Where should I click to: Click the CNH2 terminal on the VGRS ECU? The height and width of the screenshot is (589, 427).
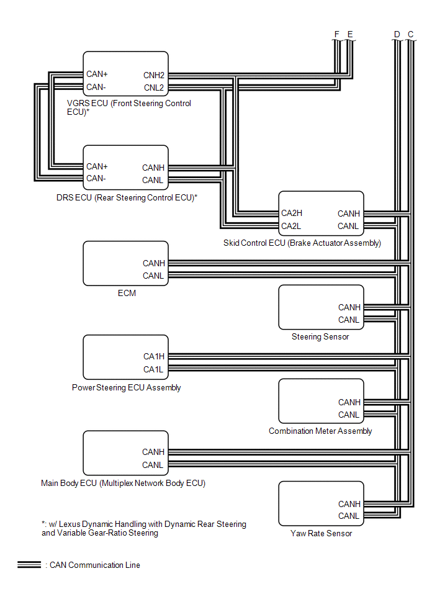coord(153,75)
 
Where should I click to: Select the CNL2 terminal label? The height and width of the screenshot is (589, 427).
coord(153,88)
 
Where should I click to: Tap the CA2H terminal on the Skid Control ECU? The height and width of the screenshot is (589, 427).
coord(292,213)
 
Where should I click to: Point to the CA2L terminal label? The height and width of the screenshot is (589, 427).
coord(291,226)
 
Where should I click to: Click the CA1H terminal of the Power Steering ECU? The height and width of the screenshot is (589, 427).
coord(153,356)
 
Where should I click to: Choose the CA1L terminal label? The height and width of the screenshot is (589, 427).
coord(153,369)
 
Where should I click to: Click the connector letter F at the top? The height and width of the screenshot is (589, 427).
coord(337,34)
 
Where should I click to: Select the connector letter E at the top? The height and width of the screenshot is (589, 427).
coord(350,34)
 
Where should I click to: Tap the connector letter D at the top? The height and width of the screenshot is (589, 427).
coord(397,34)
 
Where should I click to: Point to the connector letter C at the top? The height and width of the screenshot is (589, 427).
coord(410,34)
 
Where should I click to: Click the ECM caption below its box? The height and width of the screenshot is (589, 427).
coord(127,293)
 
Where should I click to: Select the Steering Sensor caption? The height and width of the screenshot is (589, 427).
coord(320,336)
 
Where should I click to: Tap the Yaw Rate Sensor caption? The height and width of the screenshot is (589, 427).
coord(321,533)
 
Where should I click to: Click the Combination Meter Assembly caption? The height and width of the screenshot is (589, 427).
coord(320,431)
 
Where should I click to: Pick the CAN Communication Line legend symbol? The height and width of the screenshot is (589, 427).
coord(29,565)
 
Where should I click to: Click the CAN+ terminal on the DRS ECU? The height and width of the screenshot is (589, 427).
coord(97,166)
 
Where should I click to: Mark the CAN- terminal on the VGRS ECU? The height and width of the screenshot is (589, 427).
coord(96,87)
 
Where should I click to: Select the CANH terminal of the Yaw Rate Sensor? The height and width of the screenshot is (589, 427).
coord(349,504)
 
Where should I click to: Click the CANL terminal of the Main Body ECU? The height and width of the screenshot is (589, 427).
coord(153,465)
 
